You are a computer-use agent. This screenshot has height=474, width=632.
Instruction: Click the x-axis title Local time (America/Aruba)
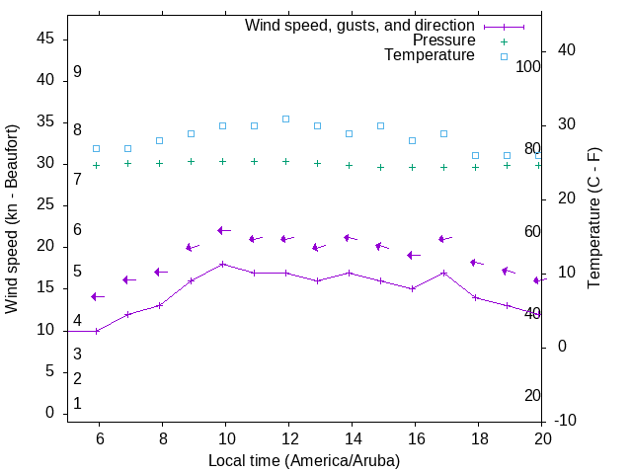tap(304, 460)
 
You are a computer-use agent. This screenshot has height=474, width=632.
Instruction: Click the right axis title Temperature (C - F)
tap(593, 219)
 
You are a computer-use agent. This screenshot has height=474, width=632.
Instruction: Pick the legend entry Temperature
tap(430, 56)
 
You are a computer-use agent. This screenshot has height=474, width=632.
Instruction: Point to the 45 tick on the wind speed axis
tap(45, 39)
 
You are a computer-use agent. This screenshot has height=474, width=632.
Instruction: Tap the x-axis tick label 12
tap(288, 438)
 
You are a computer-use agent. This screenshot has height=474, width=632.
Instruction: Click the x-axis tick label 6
tap(99, 438)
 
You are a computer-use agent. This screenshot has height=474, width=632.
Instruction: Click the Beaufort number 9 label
tap(77, 72)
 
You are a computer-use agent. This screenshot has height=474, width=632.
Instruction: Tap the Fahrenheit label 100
tap(528, 67)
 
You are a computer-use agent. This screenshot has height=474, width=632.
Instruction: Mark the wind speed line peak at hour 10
tap(223, 264)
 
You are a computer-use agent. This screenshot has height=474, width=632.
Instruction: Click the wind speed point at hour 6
tap(97, 331)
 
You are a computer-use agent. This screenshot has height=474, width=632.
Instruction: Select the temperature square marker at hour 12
tap(286, 118)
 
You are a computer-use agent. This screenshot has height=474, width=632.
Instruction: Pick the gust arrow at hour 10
tap(223, 230)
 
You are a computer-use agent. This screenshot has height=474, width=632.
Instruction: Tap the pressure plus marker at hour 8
tap(160, 163)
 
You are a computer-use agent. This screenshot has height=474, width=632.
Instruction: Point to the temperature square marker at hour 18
tap(476, 155)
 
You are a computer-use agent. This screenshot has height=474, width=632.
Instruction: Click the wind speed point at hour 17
tap(444, 273)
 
